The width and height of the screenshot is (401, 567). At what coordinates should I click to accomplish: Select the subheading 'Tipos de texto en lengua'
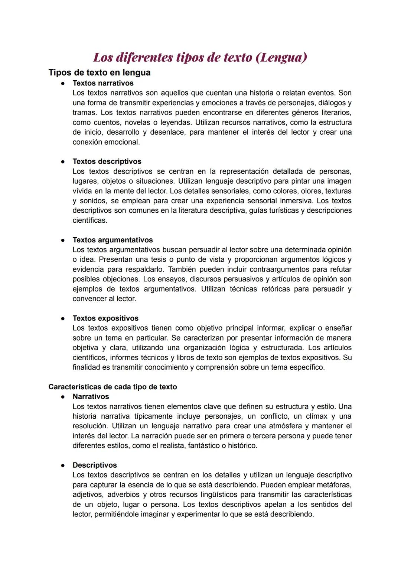click(100, 73)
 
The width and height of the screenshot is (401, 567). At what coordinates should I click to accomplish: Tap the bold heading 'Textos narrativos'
click(103, 83)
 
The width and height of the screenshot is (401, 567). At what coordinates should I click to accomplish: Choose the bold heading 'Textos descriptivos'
click(107, 161)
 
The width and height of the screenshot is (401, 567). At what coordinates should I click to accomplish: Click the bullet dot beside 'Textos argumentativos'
click(63, 240)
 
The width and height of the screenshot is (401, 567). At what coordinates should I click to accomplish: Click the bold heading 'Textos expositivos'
click(105, 318)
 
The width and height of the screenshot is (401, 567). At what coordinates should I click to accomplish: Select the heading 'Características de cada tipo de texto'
click(113, 387)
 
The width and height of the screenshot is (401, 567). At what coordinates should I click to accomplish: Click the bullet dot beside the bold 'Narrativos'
click(63, 397)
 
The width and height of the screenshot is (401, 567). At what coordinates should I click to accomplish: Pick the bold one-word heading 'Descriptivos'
click(95, 465)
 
